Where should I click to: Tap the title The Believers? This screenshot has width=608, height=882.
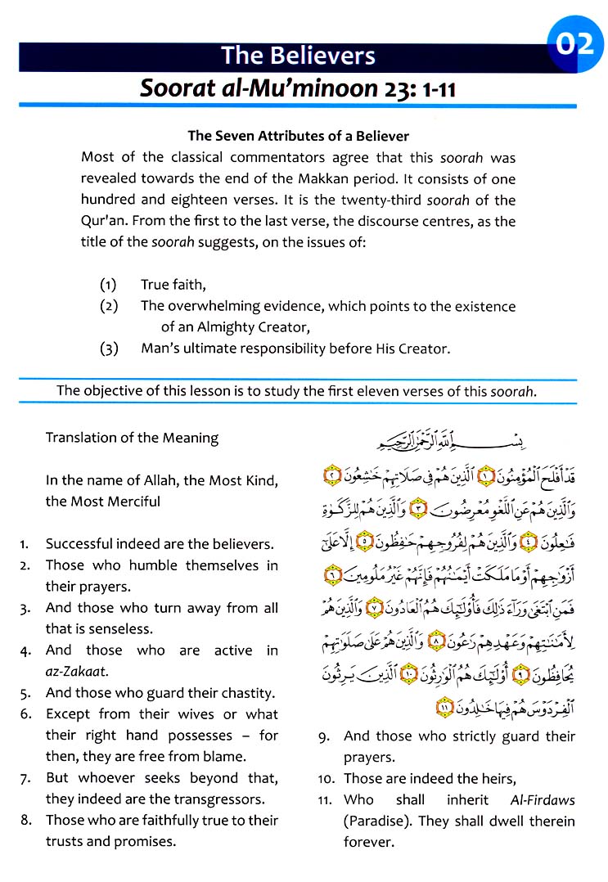(x=298, y=56)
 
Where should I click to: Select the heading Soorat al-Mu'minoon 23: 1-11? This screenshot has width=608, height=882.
(x=298, y=88)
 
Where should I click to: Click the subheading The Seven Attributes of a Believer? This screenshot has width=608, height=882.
(x=299, y=136)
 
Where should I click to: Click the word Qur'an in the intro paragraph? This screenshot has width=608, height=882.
(x=102, y=221)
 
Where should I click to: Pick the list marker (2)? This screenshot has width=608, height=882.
(x=109, y=306)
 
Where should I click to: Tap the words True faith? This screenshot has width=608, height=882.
(x=173, y=285)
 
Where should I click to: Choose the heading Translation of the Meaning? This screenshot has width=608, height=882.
(x=132, y=438)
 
